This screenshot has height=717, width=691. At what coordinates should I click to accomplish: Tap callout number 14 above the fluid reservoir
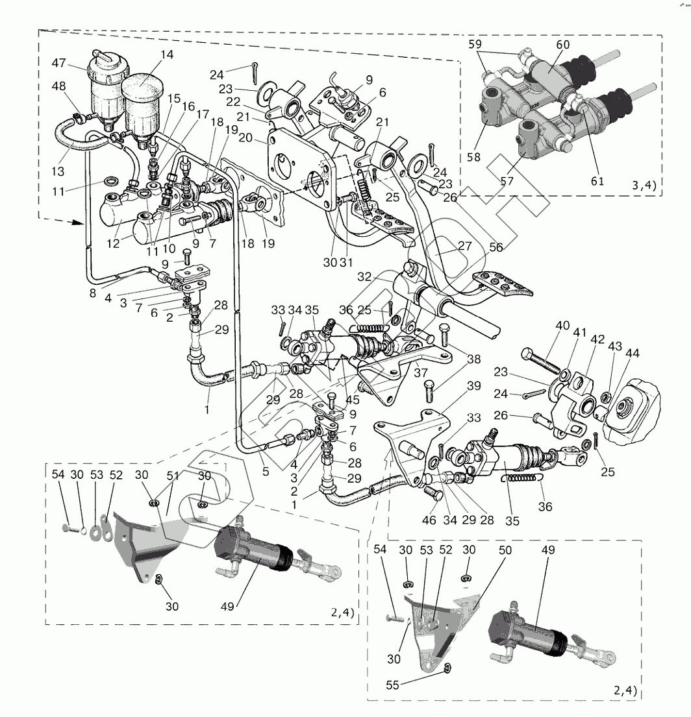pos(167,55)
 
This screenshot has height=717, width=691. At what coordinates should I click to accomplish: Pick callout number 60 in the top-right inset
pos(563,44)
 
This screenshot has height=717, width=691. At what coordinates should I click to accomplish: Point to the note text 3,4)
pos(644,185)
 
